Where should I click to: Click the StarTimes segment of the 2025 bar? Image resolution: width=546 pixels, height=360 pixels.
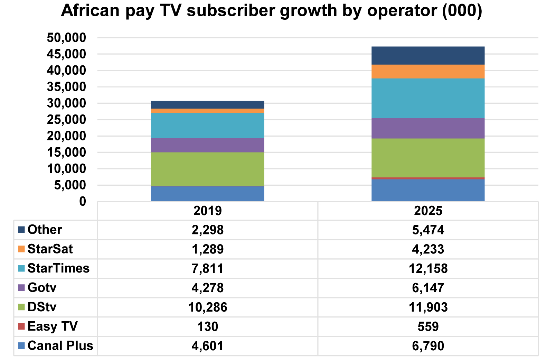428,99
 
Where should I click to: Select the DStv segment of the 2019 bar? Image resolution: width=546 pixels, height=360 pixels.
207,169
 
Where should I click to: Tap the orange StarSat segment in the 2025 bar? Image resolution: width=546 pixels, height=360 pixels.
428,72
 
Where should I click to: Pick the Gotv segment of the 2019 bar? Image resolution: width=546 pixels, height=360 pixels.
207,145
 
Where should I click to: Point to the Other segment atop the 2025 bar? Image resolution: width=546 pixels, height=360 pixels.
428,56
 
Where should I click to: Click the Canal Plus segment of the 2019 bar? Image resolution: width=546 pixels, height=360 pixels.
207,194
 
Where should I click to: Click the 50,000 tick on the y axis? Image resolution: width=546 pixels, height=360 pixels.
66,38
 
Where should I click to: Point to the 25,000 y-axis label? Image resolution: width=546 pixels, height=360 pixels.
66,120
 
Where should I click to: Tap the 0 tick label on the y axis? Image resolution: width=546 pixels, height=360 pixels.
82,202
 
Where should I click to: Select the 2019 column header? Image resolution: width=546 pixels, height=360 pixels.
207,211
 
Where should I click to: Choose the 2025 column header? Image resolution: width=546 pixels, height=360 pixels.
428,211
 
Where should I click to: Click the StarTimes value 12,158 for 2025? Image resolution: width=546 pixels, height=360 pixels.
428,268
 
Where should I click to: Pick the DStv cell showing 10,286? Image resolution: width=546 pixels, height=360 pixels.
207,307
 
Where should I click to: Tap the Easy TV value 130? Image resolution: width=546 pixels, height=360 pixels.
207,326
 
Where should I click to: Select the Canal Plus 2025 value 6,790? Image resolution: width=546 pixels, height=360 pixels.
428,346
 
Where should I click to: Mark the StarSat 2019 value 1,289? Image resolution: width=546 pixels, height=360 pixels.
207,249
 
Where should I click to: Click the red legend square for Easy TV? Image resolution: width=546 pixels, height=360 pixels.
21,326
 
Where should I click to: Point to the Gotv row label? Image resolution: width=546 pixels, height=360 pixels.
42,288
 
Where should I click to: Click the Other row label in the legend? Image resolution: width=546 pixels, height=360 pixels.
45,230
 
